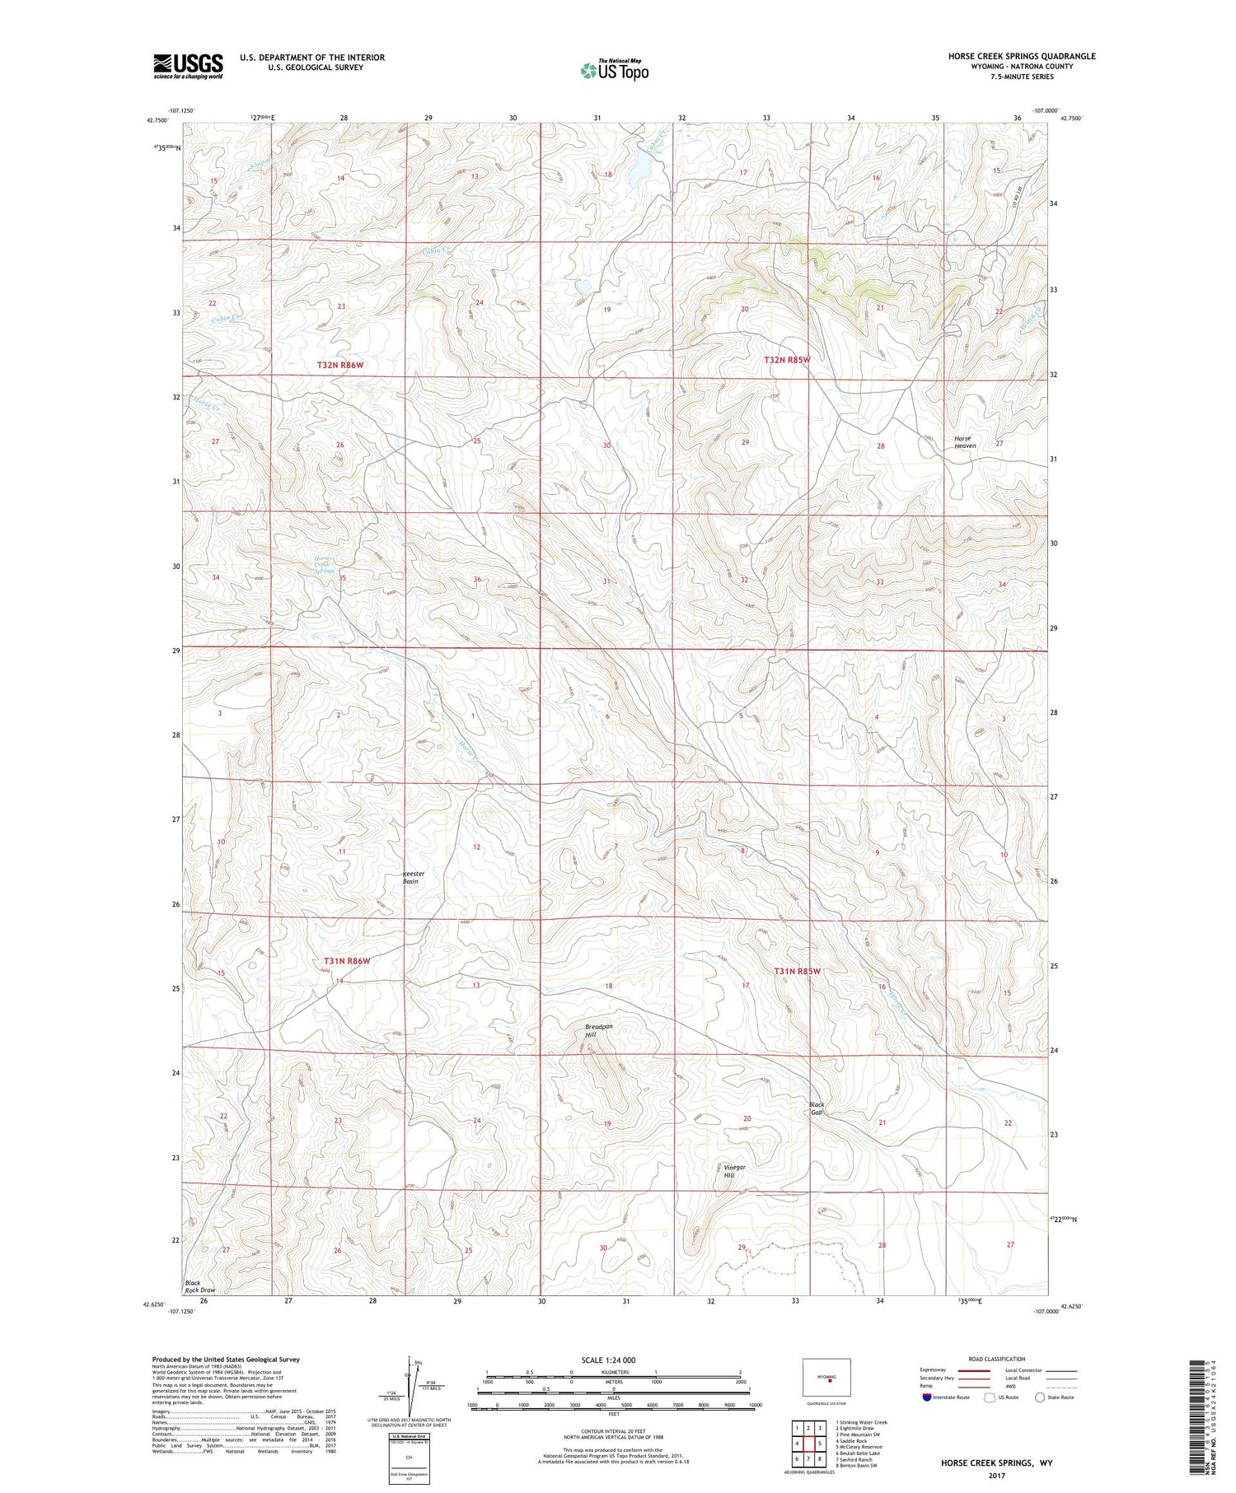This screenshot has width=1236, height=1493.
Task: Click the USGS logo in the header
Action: (x=188, y=66)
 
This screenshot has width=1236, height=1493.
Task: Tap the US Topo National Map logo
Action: (x=615, y=70)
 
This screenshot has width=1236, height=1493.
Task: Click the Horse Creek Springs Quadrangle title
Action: (x=1021, y=56)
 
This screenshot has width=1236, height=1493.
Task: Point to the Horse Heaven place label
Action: (x=964, y=442)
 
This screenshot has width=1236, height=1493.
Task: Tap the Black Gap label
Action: (x=816, y=1108)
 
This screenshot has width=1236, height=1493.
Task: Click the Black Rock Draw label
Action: (x=199, y=1287)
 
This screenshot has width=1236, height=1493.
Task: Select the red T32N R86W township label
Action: (x=340, y=364)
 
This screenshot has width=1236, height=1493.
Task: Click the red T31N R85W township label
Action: (x=797, y=972)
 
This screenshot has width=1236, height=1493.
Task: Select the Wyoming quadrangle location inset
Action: (x=826, y=1377)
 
